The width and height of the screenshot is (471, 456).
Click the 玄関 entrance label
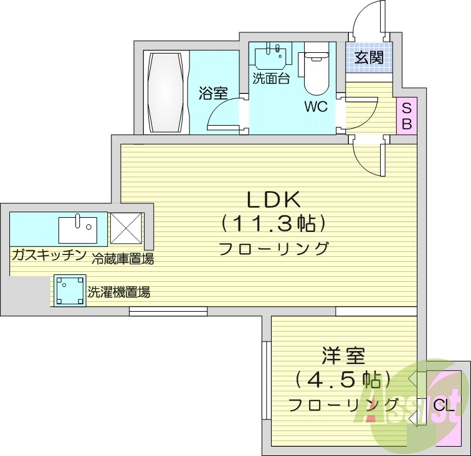(x=370, y=58)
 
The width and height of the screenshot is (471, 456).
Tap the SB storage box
(x=406, y=116)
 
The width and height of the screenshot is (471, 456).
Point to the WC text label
(x=315, y=106)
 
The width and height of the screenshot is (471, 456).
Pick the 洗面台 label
(x=270, y=79)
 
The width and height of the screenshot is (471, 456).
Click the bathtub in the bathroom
(x=166, y=92)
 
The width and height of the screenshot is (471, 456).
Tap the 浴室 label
(x=212, y=94)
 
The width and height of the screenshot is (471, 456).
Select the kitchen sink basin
(x=78, y=229)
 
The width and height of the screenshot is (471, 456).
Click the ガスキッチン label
(x=47, y=255)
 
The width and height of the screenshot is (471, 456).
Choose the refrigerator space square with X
(x=126, y=228)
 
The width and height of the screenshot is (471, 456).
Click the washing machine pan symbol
(x=69, y=291)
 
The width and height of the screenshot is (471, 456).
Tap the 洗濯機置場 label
(x=118, y=291)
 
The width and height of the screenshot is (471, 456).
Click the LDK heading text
(x=274, y=200)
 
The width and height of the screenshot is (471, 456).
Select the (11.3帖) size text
(x=274, y=223)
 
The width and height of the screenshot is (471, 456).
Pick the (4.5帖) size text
(x=343, y=379)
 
